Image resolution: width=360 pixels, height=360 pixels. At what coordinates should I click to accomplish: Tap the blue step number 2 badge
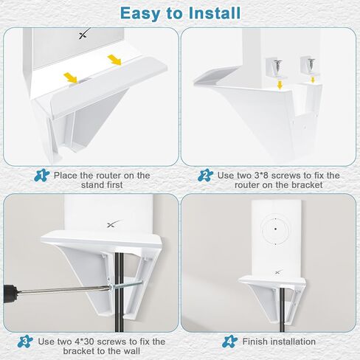(205, 176)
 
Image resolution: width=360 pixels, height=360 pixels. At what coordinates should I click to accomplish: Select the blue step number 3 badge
(25, 341)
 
